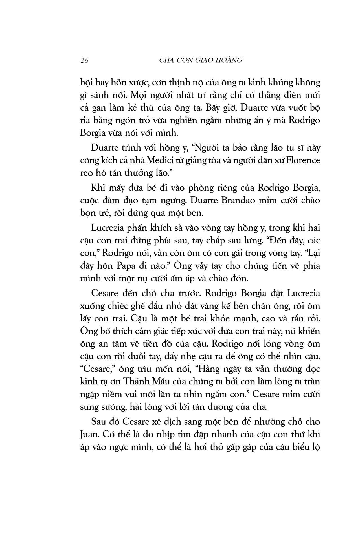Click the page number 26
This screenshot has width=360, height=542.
coord(84,60)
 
